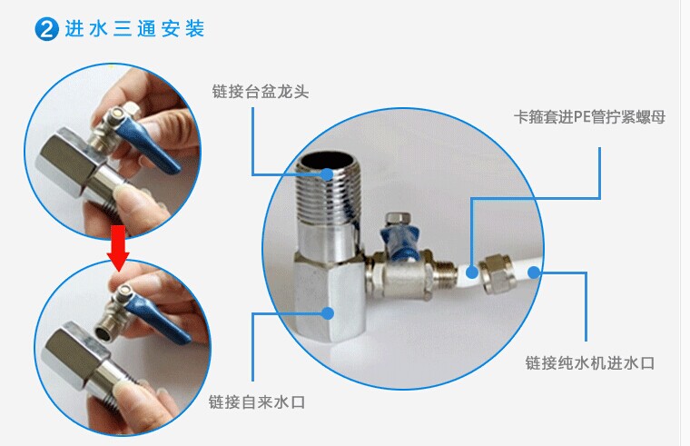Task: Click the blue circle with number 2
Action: click(46, 29)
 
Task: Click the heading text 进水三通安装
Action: click(134, 29)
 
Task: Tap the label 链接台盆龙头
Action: click(261, 92)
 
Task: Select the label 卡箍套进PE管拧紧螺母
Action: click(589, 117)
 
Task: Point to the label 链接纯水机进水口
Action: click(590, 362)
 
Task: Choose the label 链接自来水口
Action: click(257, 401)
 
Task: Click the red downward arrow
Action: click(118, 249)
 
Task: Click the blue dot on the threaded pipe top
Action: click(327, 174)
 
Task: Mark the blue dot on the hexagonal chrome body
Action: click(328, 313)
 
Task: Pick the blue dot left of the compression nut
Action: click(472, 273)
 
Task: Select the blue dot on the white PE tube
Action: click(534, 273)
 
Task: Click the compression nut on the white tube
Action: click(496, 273)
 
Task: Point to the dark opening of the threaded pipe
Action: click(327, 161)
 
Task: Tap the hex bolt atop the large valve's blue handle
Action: click(398, 219)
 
